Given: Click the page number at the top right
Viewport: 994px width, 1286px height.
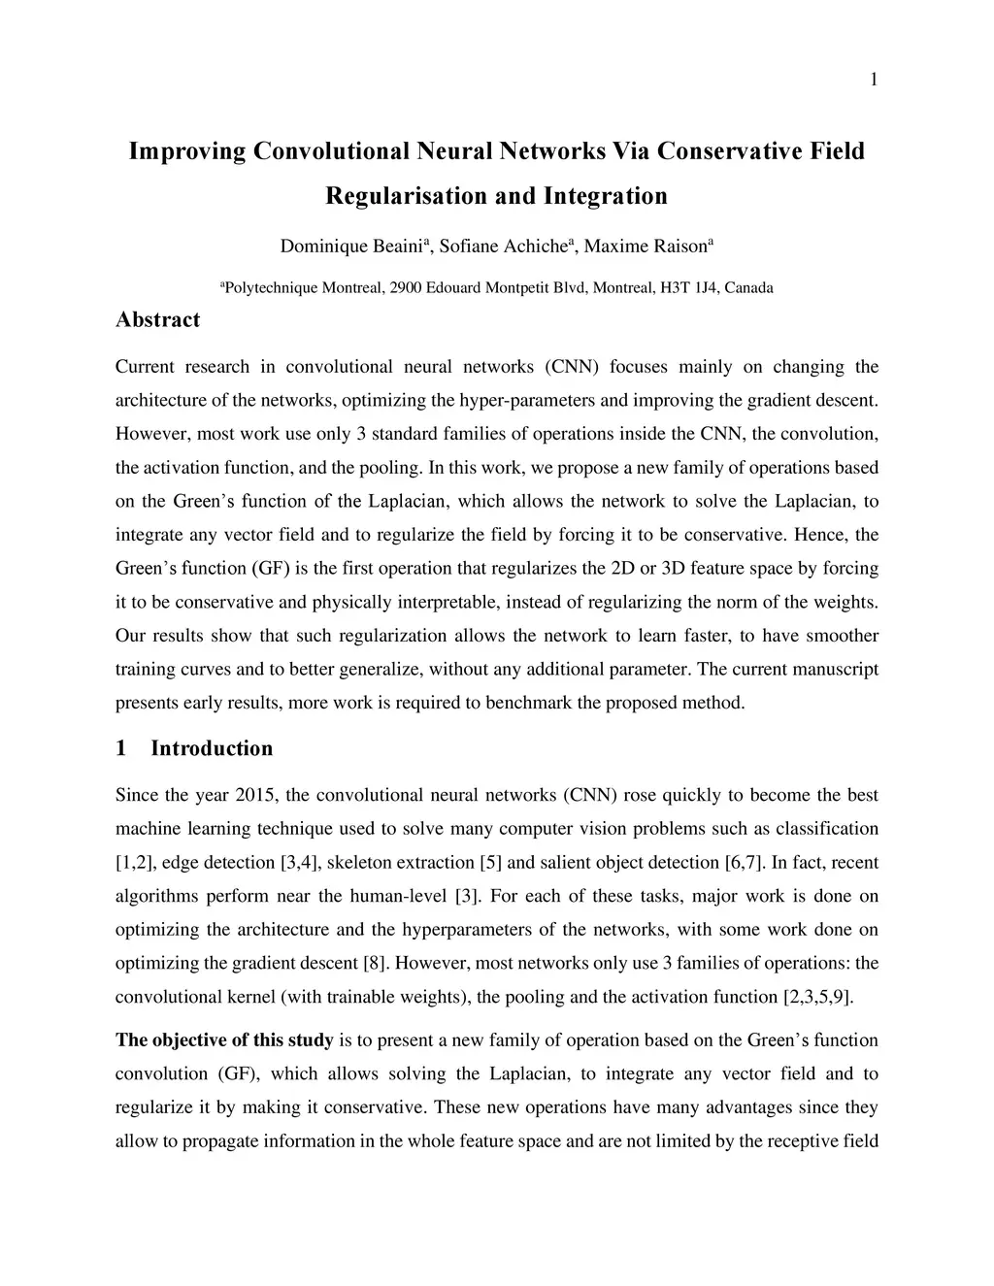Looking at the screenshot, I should point(874,80).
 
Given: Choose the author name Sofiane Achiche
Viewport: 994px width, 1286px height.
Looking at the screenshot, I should point(501,247).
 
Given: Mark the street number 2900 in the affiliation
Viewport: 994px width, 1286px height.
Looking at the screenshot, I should point(407,288).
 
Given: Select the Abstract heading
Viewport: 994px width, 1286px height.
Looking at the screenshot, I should point(157,319).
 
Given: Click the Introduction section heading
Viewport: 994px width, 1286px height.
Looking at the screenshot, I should point(212,748).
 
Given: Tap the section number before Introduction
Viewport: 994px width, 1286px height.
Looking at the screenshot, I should point(121,748).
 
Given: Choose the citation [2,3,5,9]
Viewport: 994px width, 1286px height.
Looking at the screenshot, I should point(817,997).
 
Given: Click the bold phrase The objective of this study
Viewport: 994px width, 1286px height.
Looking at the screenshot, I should point(224,1040).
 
